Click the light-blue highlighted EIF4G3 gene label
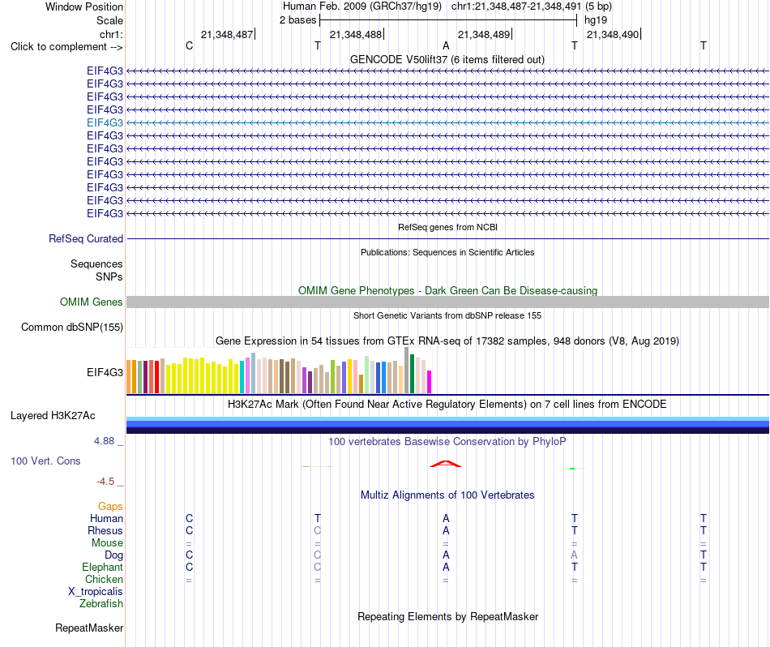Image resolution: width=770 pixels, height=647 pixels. click(105, 122)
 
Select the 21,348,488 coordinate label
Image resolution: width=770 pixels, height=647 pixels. click(356, 34)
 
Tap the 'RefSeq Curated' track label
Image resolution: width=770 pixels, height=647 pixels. click(86, 238)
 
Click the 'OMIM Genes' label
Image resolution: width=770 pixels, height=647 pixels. click(92, 302)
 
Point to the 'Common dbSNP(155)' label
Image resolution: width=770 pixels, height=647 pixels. click(72, 328)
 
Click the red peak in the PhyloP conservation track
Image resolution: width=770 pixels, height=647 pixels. click(446, 464)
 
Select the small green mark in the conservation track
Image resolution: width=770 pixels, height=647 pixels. click(572, 469)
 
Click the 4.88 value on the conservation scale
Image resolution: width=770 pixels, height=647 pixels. click(104, 441)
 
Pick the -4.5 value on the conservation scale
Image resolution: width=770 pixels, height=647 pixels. click(105, 482)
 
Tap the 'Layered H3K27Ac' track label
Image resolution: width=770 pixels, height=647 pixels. click(53, 416)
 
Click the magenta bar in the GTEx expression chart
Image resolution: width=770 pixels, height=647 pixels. click(430, 382)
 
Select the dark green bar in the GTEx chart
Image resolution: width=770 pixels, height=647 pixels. click(412, 374)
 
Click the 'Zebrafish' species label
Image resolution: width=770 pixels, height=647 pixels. click(101, 604)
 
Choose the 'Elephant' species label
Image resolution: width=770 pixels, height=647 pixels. click(102, 568)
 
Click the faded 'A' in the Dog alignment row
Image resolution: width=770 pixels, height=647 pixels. click(574, 555)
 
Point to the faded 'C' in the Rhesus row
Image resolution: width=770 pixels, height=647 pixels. click(317, 530)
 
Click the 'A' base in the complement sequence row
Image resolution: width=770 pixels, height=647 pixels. click(446, 45)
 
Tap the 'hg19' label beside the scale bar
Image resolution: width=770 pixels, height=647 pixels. click(596, 20)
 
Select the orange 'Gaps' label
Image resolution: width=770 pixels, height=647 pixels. click(110, 507)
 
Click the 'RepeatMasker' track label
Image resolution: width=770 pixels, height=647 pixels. click(89, 628)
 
